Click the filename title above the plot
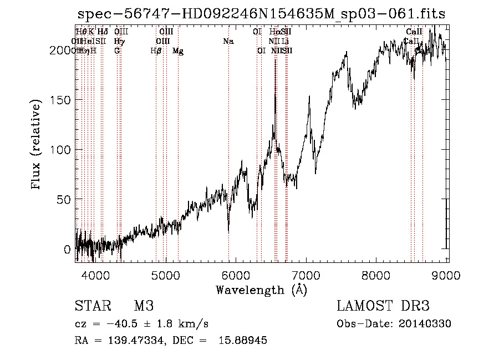tap(261, 14)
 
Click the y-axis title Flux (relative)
tap(37, 145)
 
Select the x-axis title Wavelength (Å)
tap(261, 290)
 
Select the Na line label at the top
tap(227, 41)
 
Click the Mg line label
tap(178, 51)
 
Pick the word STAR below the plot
tap(92, 306)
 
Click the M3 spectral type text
tap(143, 306)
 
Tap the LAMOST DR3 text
tap(383, 306)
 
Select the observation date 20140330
tap(426, 324)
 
